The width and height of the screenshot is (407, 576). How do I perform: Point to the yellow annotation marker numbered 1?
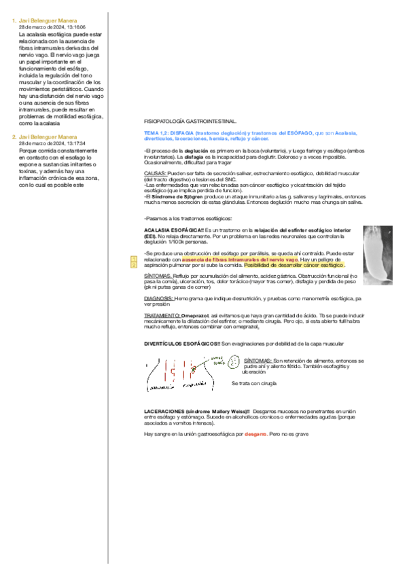pyautogui.click(x=134, y=259)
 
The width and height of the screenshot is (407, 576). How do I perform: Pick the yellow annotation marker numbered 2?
pyautogui.click(x=134, y=265)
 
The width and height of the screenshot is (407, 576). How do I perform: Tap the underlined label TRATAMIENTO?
pyautogui.click(x=162, y=316)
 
